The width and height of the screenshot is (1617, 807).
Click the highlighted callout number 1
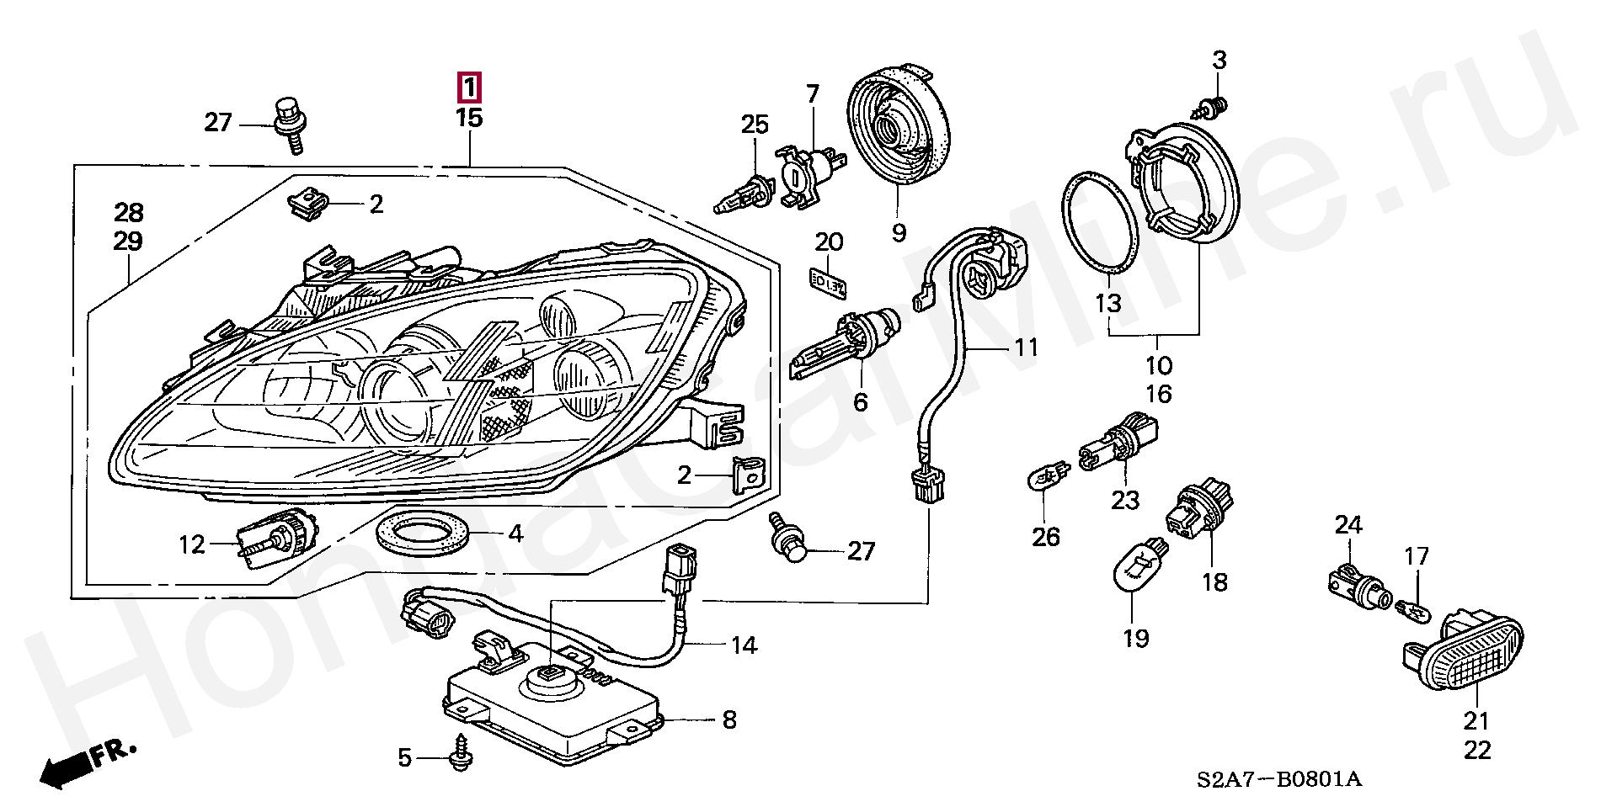468,87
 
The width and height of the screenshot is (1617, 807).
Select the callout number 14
744,645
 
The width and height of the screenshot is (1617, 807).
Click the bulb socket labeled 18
1195,509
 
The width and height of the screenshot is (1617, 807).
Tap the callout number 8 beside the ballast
728,719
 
